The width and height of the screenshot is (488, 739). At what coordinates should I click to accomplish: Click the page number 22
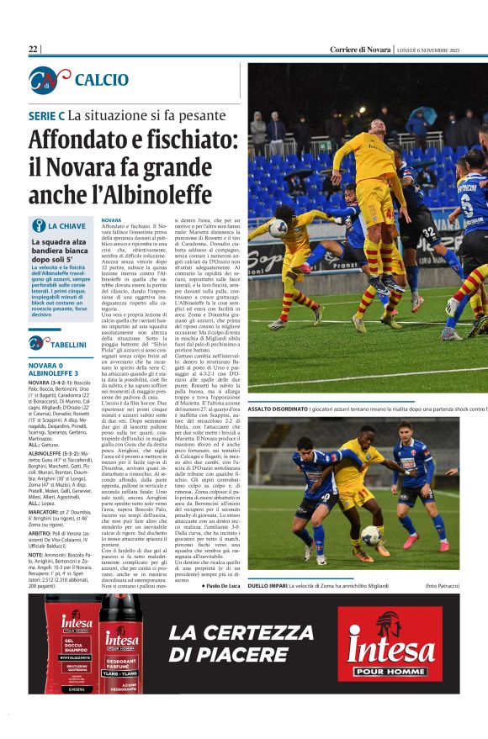(34, 49)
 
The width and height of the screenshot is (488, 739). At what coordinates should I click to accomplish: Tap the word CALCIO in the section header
(101, 80)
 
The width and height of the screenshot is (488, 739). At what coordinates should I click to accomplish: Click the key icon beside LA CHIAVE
(38, 225)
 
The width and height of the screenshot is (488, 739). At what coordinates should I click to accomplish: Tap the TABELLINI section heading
(67, 344)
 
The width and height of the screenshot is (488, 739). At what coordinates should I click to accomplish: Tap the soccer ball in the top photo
(278, 227)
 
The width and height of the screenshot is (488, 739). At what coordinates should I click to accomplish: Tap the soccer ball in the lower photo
(371, 534)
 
